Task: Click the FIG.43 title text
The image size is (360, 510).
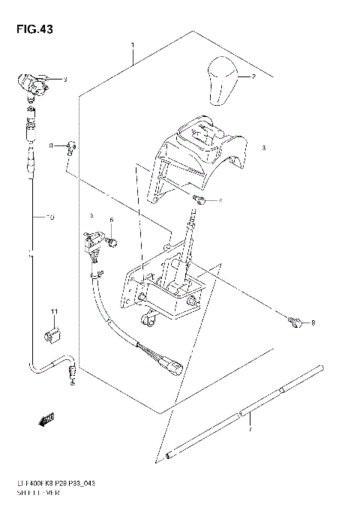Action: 30,30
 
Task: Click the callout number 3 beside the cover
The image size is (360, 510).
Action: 263,148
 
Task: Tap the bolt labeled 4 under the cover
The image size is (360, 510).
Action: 199,199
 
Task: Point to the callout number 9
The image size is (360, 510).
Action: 64,79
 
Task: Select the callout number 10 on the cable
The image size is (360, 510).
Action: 50,218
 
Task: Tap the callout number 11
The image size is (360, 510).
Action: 54,311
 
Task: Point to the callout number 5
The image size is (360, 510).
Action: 91,215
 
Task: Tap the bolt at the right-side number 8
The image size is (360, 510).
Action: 295,322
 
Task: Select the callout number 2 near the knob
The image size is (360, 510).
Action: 253,77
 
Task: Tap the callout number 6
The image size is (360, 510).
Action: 110,220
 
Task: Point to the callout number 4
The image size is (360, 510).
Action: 220,201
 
